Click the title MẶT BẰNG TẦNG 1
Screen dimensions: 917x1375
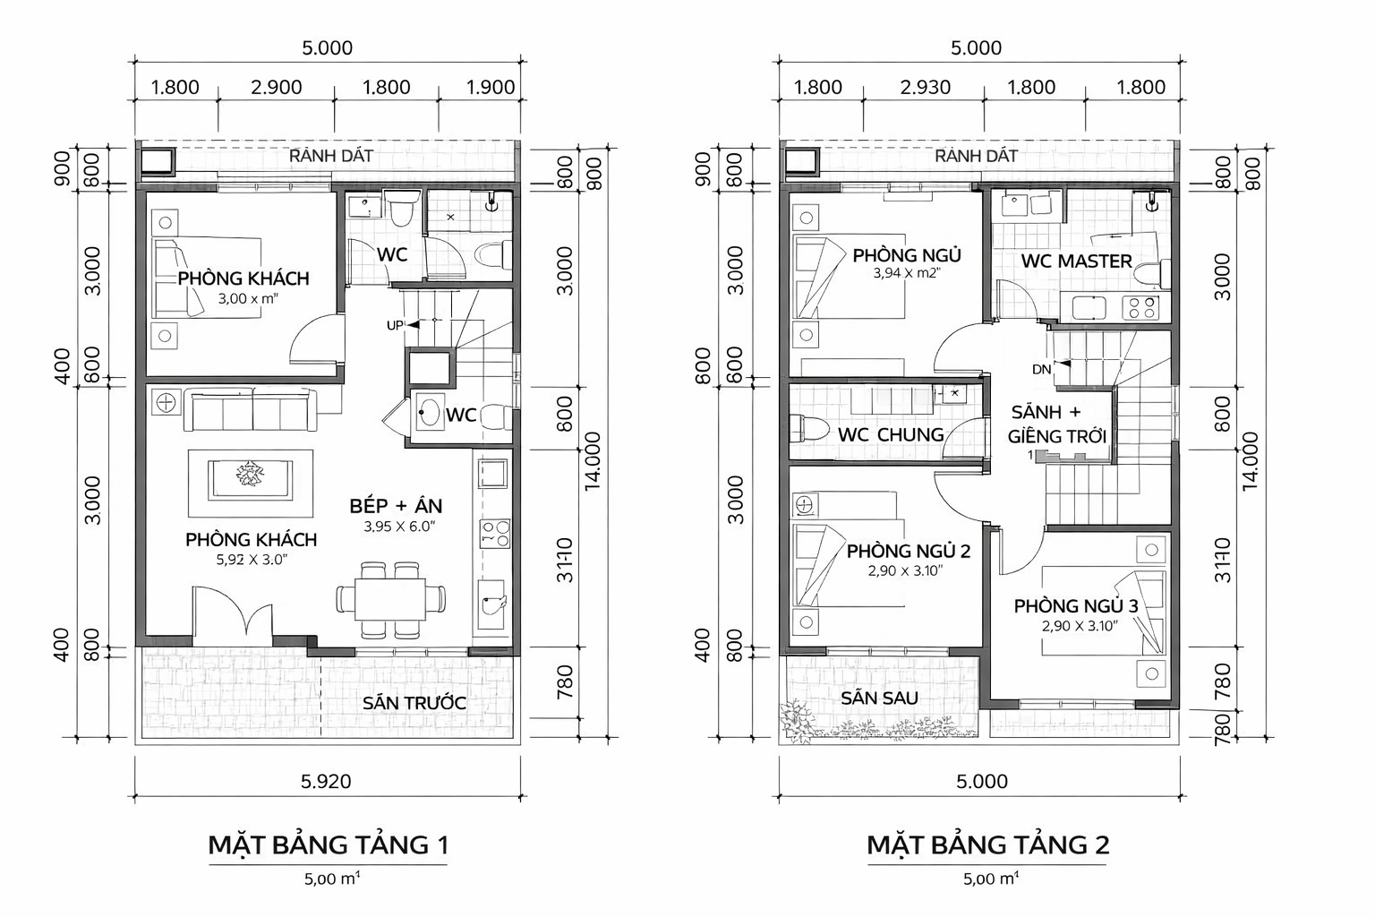[328, 844]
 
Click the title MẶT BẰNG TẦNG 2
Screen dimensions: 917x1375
[987, 844]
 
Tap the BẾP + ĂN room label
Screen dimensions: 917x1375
[396, 506]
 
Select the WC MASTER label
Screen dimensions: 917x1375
[1077, 261]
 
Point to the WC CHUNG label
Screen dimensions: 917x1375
[891, 434]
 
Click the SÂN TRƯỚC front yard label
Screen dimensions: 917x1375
[414, 702]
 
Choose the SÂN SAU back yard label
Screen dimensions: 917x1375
[879, 698]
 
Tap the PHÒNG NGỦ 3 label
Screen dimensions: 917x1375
[1075, 606]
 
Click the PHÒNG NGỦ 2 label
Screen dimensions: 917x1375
[908, 551]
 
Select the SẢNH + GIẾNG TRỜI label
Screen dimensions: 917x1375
[1056, 424]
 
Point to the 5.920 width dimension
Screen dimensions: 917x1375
[327, 781]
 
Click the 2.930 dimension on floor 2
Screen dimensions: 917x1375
[925, 87]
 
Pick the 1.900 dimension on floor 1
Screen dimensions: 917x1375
[491, 87]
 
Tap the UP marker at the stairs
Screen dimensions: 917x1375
[395, 325]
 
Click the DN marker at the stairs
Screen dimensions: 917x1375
[1041, 369]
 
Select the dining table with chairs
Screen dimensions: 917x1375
[392, 599]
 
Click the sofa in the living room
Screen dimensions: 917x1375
[250, 410]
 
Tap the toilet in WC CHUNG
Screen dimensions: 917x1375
[808, 428]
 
